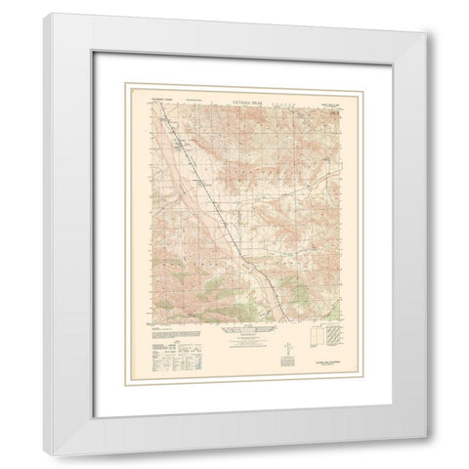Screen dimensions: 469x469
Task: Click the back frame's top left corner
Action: click(46, 15)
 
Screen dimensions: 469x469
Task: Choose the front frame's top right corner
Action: click(425, 33)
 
